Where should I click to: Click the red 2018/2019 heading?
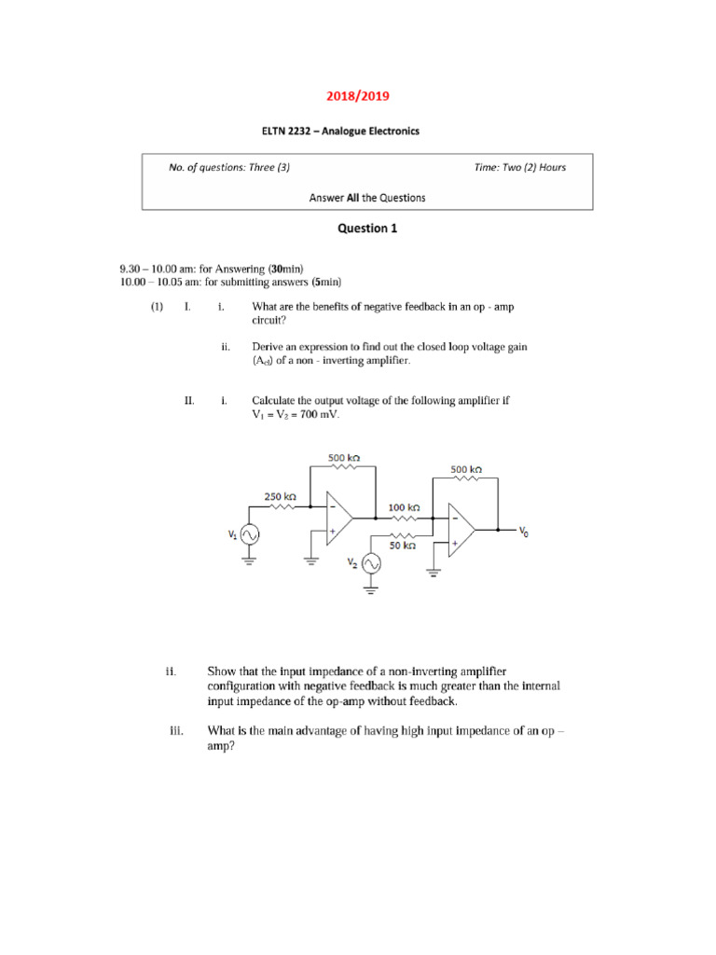(x=358, y=96)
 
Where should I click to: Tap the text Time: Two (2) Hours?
(x=519, y=168)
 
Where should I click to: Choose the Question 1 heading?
(x=358, y=228)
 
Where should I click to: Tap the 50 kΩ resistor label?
(x=403, y=545)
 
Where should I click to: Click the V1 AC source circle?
(x=249, y=534)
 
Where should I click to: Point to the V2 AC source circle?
(x=370, y=563)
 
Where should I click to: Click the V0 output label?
(x=523, y=533)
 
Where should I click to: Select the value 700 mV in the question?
(x=317, y=414)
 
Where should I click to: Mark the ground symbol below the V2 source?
(x=370, y=589)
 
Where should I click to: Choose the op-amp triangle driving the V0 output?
(x=461, y=530)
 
